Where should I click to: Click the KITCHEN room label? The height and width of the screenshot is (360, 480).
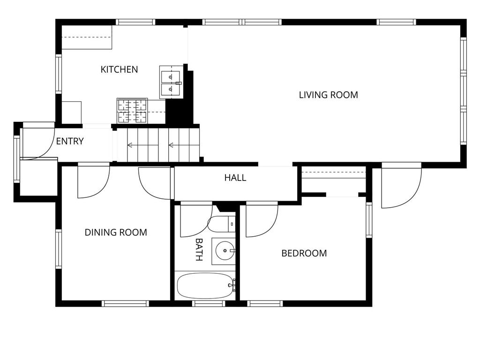(119, 69)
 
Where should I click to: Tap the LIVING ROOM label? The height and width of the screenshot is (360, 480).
(328, 95)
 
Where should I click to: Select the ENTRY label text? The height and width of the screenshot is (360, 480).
(70, 141)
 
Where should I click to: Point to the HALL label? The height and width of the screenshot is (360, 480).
(235, 178)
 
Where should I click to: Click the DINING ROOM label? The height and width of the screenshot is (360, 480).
(116, 232)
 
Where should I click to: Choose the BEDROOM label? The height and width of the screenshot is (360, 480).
(304, 253)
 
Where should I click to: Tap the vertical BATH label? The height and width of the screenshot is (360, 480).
(199, 249)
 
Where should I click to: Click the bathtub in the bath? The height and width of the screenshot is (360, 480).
(205, 285)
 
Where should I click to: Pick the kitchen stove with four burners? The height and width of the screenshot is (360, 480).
(132, 111)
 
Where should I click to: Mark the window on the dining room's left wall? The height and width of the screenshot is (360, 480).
(59, 248)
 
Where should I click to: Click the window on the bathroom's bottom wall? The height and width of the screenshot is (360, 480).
(209, 303)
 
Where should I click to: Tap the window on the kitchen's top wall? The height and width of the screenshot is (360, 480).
(135, 22)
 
